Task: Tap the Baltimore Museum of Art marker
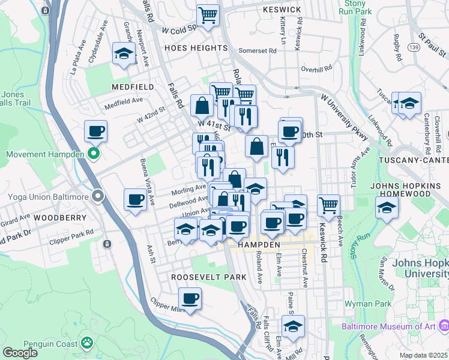coord(444,326)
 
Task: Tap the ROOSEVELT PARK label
coord(200,277)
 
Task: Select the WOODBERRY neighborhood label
coord(57,217)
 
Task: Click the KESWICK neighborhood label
coord(282,10)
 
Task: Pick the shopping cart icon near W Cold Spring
coord(208,15)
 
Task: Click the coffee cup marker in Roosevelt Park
coord(190,298)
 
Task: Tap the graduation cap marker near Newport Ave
coord(124,55)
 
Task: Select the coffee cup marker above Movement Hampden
coord(95,130)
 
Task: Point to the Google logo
coord(20,352)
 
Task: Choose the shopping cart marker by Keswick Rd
coord(328,205)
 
